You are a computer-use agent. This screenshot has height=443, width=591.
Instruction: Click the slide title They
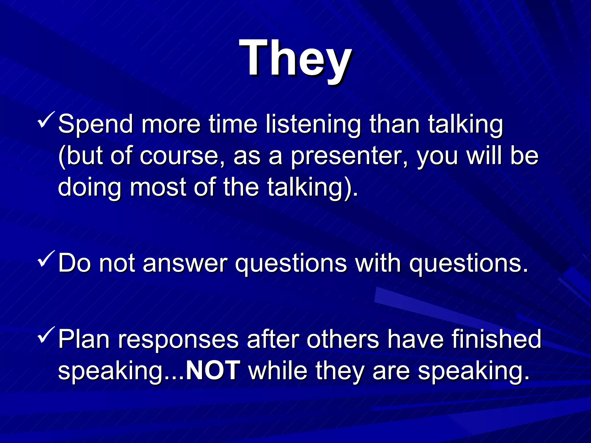pyautogui.click(x=295, y=59)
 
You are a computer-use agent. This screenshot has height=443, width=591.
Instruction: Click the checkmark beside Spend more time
pyautogui.click(x=46, y=120)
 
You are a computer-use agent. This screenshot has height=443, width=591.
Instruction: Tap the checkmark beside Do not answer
pyautogui.click(x=46, y=259)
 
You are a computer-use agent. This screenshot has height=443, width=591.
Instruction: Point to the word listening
pyautogui.click(x=313, y=125)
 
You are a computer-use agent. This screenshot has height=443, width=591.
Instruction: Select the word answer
pyautogui.click(x=185, y=263)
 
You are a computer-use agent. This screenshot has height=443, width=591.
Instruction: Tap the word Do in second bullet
pyautogui.click(x=74, y=263)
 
